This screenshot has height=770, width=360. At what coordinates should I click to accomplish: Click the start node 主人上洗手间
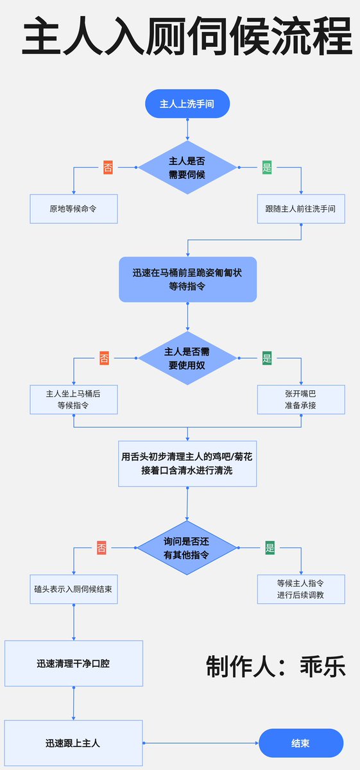click(x=187, y=103)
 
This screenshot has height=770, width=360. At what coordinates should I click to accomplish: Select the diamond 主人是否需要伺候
click(x=187, y=167)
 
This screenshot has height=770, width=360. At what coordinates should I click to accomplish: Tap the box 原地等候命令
click(x=74, y=209)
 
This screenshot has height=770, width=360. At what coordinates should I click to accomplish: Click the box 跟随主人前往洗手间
click(x=300, y=209)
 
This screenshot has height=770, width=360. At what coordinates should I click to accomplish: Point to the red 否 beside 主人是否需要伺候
click(x=108, y=168)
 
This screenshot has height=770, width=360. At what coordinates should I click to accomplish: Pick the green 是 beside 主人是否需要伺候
click(x=268, y=168)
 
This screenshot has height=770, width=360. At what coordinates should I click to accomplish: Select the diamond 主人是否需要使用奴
click(x=187, y=358)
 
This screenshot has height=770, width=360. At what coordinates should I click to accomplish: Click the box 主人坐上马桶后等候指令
click(x=74, y=399)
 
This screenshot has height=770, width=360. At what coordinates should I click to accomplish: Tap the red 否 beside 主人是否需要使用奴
click(x=105, y=358)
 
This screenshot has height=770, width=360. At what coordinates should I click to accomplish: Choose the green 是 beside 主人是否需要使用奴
click(x=268, y=358)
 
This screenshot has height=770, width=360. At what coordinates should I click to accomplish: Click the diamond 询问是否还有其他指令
click(x=187, y=548)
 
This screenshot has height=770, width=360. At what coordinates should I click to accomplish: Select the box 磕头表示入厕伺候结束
click(x=74, y=588)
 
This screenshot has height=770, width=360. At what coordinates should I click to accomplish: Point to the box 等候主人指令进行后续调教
click(x=300, y=588)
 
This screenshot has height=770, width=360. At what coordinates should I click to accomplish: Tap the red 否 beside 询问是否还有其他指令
click(x=101, y=548)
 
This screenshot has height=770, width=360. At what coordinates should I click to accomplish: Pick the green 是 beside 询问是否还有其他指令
click(x=270, y=548)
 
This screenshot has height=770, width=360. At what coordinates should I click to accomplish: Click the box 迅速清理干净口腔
click(x=74, y=663)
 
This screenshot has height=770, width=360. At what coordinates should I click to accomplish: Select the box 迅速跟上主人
click(x=74, y=743)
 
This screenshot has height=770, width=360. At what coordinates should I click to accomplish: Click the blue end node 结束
click(x=300, y=743)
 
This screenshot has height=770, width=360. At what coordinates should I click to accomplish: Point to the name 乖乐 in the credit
click(x=323, y=666)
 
